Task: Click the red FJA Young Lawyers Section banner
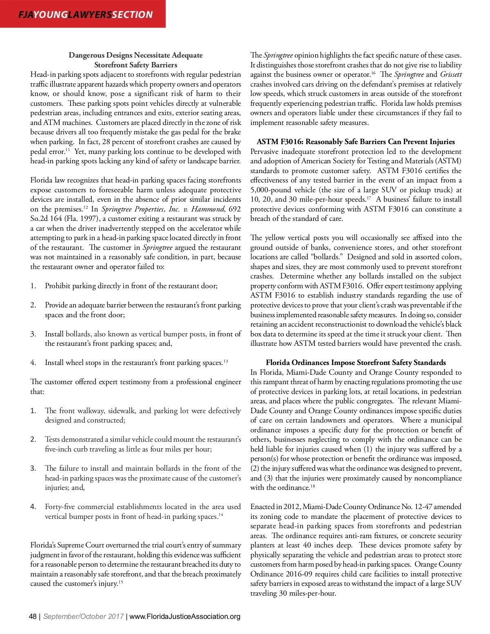point(83,14)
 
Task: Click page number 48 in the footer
point(33,616)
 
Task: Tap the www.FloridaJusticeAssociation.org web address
point(185,616)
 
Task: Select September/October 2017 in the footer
point(83,616)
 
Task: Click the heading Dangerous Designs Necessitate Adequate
point(136,55)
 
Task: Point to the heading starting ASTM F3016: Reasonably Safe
point(356,142)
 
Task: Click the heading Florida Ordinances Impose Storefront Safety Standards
point(356,363)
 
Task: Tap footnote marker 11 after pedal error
point(68,149)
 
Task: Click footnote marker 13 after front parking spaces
point(225,361)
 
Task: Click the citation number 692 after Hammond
point(235,209)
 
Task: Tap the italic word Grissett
point(450,74)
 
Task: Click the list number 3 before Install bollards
point(33,334)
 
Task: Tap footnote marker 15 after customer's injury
point(121,582)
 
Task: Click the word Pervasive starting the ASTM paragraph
point(265,151)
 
